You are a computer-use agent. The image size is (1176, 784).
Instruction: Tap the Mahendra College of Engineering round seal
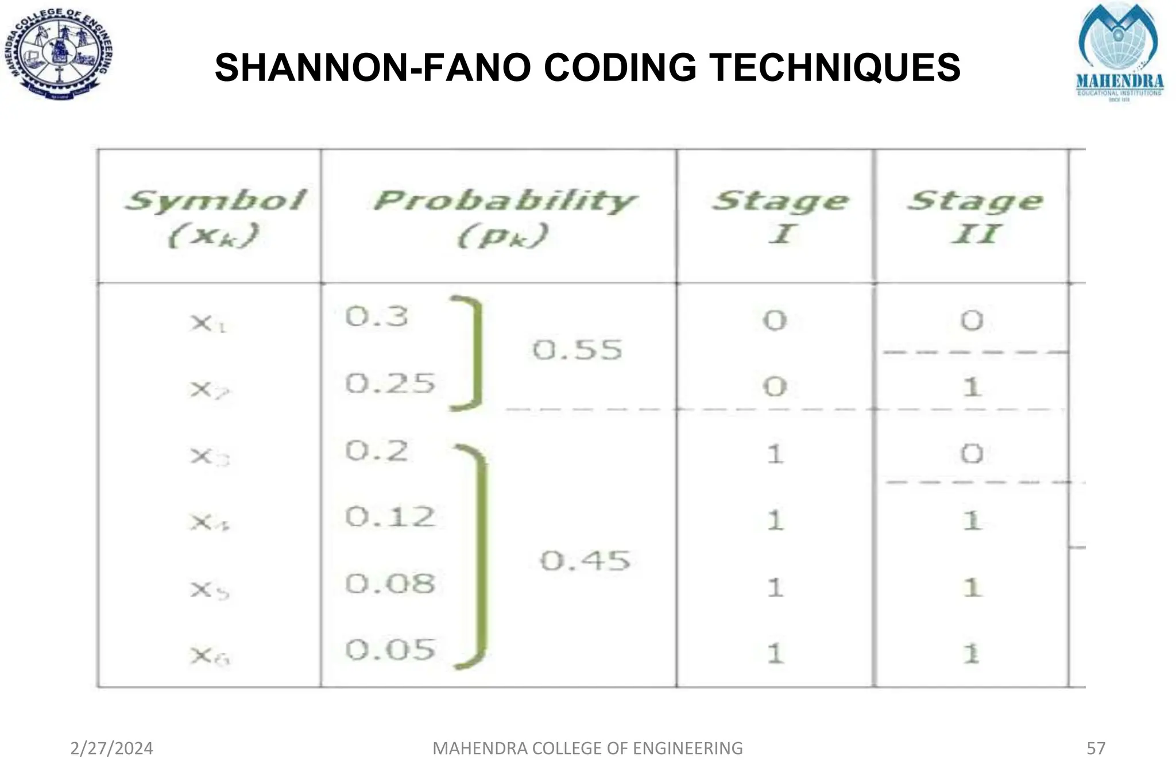click(x=59, y=54)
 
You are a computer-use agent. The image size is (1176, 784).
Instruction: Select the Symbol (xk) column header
click(x=214, y=217)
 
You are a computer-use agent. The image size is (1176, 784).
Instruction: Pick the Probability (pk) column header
click(x=504, y=217)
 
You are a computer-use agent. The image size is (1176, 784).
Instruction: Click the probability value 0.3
click(x=377, y=316)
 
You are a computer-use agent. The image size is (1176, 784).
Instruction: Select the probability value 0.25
click(x=390, y=383)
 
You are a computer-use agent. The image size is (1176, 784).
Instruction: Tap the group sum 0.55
click(x=577, y=350)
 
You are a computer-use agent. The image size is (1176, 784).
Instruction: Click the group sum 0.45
click(x=585, y=561)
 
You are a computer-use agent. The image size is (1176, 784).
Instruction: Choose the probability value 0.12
click(x=390, y=517)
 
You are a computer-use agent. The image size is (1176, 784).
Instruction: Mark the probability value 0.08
click(x=390, y=584)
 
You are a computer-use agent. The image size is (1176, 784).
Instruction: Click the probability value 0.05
click(x=390, y=650)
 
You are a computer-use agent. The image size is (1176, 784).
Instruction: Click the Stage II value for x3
click(x=972, y=454)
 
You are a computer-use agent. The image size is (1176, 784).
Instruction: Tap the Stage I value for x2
click(x=775, y=387)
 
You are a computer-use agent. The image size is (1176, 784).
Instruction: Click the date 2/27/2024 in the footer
click(x=111, y=748)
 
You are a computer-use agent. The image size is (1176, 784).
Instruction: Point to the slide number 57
click(x=1096, y=748)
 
